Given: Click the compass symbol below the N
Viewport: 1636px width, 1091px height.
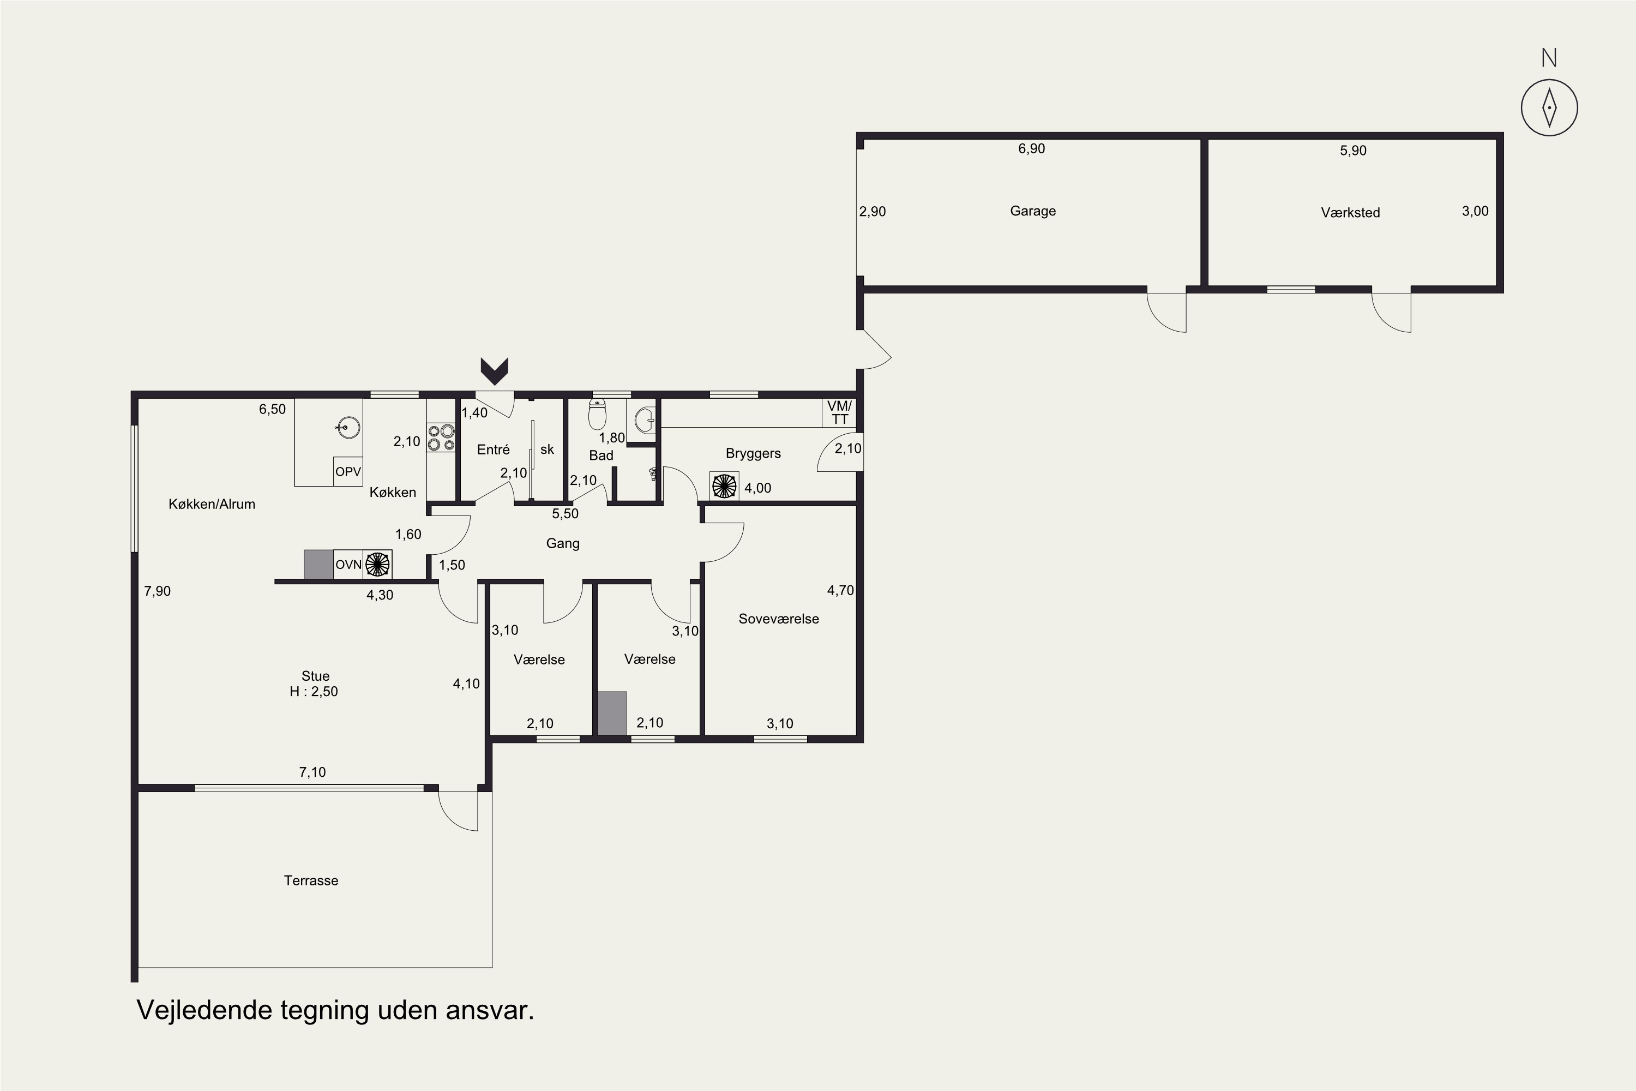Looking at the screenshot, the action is pyautogui.click(x=1549, y=108).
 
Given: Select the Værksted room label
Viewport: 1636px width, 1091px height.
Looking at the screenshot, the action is pyautogui.click(x=1350, y=213).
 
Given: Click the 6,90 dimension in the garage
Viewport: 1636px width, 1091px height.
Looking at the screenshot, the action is pyautogui.click(x=1032, y=149).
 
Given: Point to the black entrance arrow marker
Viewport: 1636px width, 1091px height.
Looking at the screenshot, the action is pyautogui.click(x=495, y=371).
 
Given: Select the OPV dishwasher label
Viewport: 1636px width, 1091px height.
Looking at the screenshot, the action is pyautogui.click(x=348, y=472).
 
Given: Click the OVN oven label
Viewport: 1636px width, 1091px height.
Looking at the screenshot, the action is pyautogui.click(x=348, y=564).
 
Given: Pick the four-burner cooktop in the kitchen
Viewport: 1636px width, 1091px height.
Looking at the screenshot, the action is pyautogui.click(x=441, y=437).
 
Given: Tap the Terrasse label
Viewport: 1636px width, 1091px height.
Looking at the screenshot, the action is pyautogui.click(x=311, y=881).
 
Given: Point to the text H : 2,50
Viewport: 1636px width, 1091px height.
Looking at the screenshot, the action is pyautogui.click(x=314, y=692).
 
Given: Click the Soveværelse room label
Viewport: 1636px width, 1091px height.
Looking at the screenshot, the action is pyautogui.click(x=778, y=619).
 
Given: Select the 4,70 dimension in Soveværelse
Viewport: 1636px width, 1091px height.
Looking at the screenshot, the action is pyautogui.click(x=840, y=591).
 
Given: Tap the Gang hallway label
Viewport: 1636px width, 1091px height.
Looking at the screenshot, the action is pyautogui.click(x=563, y=543).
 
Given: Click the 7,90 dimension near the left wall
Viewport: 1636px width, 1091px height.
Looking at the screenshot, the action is pyautogui.click(x=157, y=591).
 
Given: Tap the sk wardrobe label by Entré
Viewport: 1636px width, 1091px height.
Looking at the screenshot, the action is pyautogui.click(x=548, y=449).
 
